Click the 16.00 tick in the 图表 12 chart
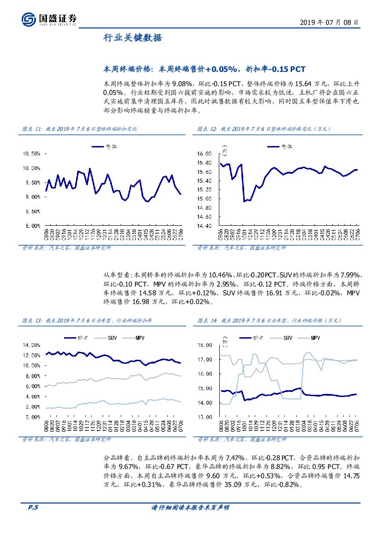point(204,153)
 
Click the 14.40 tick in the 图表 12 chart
point(204,226)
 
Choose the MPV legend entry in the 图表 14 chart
point(315,338)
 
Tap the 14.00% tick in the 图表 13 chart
point(32,345)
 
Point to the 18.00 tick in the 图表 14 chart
point(204,345)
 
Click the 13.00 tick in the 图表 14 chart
point(204,417)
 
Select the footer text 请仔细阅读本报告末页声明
point(190,508)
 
